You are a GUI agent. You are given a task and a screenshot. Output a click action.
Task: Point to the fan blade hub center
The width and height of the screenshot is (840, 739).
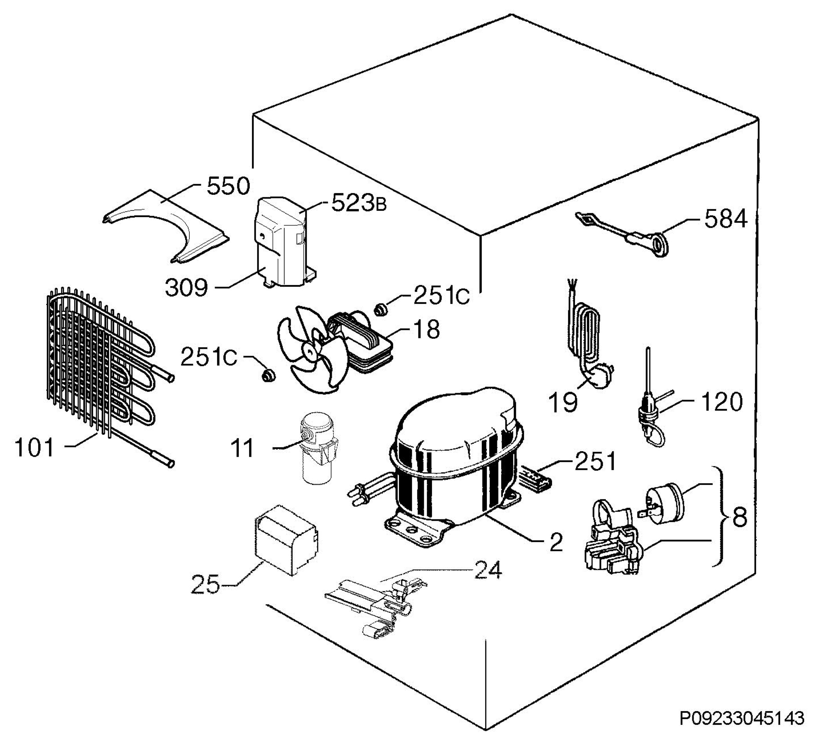(x=309, y=350)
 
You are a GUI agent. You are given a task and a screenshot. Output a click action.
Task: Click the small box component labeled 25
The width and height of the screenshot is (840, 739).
(x=286, y=539)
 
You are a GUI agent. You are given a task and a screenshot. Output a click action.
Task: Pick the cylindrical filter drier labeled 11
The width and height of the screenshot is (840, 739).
(x=317, y=448)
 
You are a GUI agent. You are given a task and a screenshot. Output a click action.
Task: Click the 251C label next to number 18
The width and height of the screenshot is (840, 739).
(x=441, y=295)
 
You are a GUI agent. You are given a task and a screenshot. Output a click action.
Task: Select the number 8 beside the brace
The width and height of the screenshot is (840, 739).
(x=740, y=518)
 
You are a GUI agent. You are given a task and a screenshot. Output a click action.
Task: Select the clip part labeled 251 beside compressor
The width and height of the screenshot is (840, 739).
(x=535, y=479)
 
